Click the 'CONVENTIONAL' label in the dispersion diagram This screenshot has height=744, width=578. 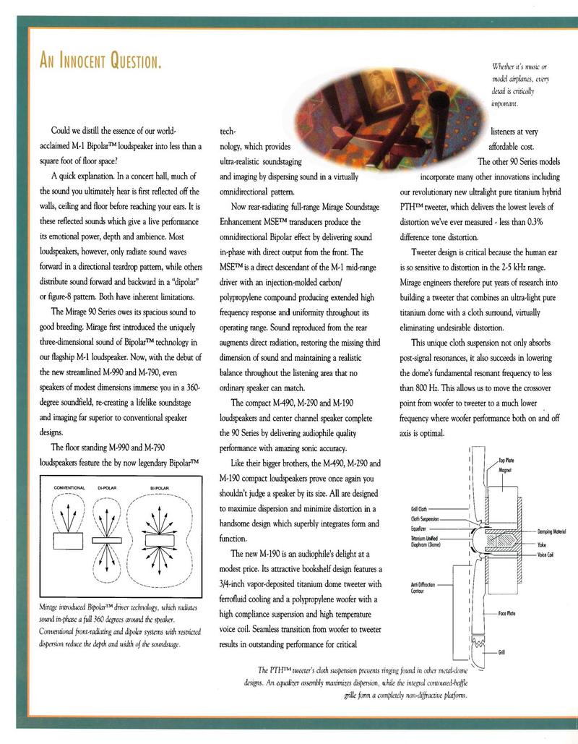(69, 488)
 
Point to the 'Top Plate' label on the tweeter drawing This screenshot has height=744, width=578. (506, 460)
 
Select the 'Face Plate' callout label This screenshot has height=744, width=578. (506, 612)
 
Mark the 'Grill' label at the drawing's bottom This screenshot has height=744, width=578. (501, 652)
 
